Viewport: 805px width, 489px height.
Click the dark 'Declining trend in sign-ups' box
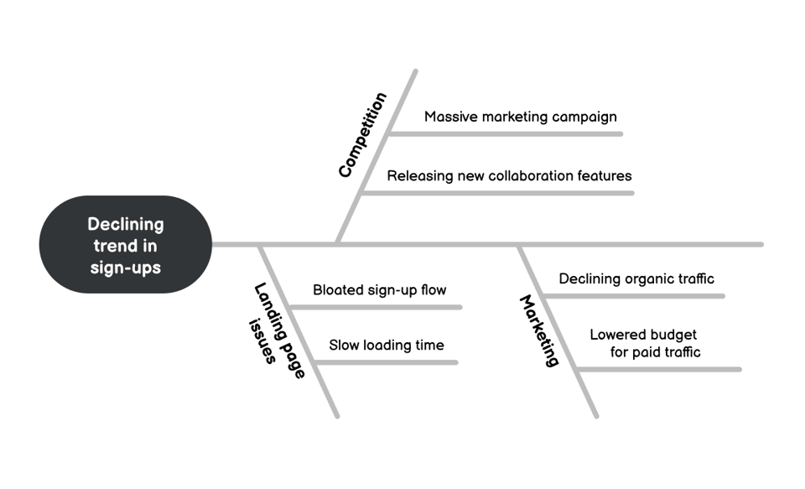[x=126, y=244]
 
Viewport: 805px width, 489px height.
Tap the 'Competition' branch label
[x=363, y=135]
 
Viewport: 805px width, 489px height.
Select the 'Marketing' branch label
[x=539, y=330]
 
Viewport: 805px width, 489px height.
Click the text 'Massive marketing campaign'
[x=520, y=117]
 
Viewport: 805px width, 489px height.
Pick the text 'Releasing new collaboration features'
[x=509, y=176]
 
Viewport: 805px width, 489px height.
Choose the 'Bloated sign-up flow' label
[x=379, y=290]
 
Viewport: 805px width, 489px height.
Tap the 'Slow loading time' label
[x=386, y=345]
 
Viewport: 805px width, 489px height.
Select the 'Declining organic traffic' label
[x=636, y=278]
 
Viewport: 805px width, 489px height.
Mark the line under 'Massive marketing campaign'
[x=507, y=133]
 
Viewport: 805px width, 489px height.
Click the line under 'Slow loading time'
[x=386, y=362]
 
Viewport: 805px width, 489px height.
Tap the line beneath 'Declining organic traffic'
[x=633, y=296]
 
